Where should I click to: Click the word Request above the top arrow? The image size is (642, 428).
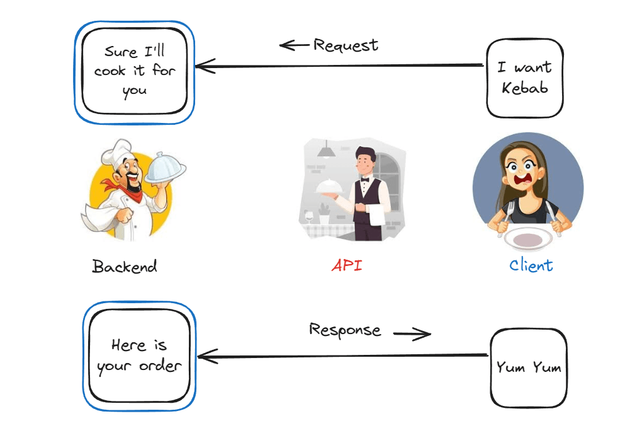346,45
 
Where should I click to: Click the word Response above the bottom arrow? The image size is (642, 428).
345,330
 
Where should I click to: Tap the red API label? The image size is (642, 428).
347,265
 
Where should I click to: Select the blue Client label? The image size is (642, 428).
531,265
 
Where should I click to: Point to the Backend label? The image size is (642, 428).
125,267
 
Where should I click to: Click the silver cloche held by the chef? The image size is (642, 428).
165,168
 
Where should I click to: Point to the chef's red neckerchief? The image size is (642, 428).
125,190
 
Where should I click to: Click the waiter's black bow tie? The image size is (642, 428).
364,179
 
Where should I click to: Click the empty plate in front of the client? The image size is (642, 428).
529,239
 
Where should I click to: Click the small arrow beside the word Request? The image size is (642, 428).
294,45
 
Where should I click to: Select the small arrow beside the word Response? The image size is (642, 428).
412,333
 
